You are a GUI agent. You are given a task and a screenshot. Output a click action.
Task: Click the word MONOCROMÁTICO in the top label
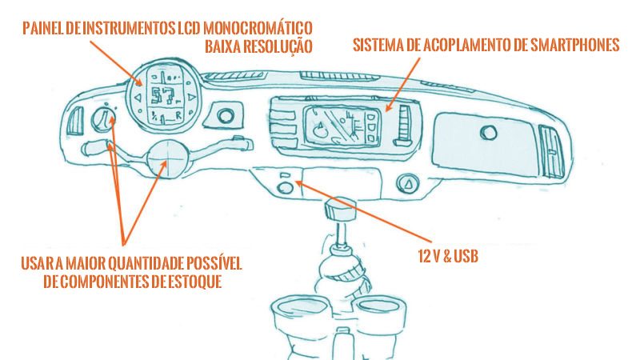[258, 28]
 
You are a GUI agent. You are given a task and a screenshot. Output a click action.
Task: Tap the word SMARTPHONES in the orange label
[575, 45]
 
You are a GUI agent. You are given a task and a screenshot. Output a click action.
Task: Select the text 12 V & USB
[448, 256]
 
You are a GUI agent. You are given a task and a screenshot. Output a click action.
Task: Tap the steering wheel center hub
[167, 156]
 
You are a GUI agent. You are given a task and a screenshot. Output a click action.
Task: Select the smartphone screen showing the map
[343, 126]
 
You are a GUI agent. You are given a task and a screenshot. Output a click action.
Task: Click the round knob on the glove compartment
[489, 133]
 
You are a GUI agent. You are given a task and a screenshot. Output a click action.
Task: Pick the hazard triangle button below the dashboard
[407, 184]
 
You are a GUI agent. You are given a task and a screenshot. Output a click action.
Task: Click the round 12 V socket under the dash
[286, 188]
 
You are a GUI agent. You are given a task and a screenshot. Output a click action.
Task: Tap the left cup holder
[301, 314]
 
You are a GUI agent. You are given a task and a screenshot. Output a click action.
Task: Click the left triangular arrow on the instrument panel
[138, 98]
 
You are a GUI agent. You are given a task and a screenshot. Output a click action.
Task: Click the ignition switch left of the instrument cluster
[102, 118]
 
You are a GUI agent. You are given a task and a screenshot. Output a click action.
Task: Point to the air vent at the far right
[552, 151]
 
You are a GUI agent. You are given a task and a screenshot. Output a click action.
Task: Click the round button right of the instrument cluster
[226, 116]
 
